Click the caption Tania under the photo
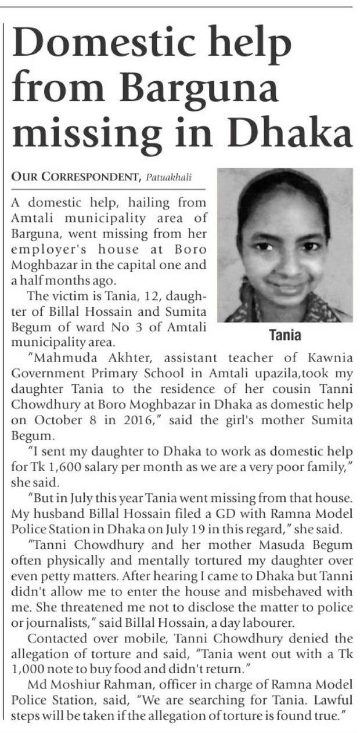tap(285, 335)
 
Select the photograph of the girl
tap(285, 245)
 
